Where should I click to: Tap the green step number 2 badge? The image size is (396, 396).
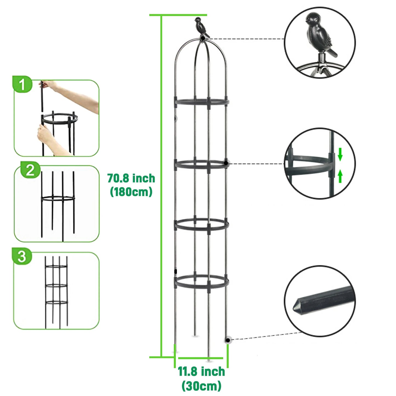(30, 170)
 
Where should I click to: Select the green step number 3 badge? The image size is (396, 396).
(22, 256)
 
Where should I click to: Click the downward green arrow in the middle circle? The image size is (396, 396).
(340, 154)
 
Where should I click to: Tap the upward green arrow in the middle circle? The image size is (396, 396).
(340, 176)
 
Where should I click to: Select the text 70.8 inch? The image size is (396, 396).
(131, 178)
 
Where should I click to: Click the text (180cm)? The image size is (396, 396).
(131, 192)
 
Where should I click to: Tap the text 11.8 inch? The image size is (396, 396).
(201, 372)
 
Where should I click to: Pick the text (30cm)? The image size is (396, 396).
(201, 386)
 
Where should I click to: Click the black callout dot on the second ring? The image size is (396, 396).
(226, 163)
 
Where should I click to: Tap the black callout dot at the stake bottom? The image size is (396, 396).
(228, 340)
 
